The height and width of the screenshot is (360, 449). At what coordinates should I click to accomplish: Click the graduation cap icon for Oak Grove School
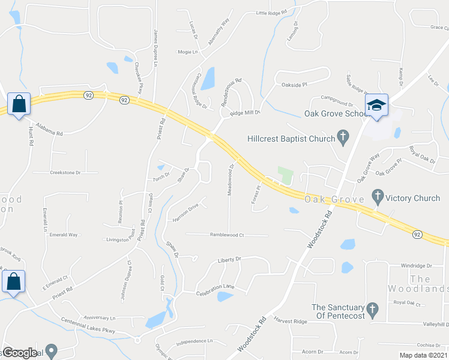[x=377, y=105]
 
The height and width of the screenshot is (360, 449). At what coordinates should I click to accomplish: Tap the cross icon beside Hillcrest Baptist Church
[x=343, y=139]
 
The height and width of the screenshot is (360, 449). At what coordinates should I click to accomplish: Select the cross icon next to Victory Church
[x=377, y=197]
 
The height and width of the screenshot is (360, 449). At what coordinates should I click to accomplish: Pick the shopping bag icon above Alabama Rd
[x=19, y=104]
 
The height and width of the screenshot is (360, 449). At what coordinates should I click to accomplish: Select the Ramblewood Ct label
[x=227, y=235]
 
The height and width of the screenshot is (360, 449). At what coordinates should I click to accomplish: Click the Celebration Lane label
[x=215, y=290]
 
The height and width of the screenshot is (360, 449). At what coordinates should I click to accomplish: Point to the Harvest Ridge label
[x=291, y=322]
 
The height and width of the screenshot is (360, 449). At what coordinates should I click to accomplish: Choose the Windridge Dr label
[x=416, y=265]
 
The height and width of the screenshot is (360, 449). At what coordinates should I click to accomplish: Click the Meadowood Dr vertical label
[x=230, y=180]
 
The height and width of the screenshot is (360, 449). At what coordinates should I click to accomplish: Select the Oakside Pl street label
[x=294, y=85]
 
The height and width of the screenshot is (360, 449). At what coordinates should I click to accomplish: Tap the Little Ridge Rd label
[x=271, y=12]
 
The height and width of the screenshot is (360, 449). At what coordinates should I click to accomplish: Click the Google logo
[x=19, y=353]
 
